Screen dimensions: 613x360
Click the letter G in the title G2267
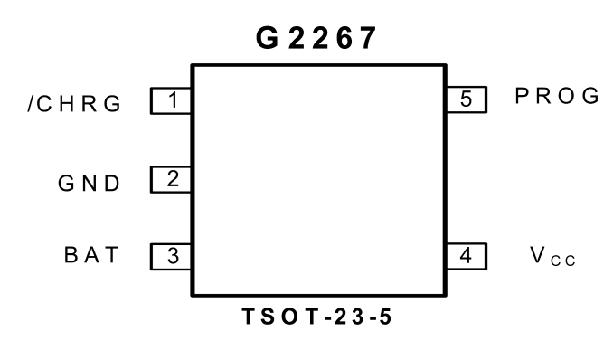(x=268, y=38)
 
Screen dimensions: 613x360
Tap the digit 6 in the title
(x=344, y=38)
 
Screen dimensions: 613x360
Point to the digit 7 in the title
(x=368, y=38)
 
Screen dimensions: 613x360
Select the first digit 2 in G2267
(x=297, y=38)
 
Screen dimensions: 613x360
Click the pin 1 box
(x=171, y=101)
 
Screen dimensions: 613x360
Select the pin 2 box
(x=171, y=180)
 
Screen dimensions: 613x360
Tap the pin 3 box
(x=171, y=257)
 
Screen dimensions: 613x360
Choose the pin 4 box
(x=467, y=256)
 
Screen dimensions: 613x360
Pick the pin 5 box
(x=467, y=99)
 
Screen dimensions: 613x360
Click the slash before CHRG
(x=32, y=104)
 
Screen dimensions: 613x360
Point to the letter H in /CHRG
(x=67, y=104)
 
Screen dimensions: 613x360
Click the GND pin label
(x=89, y=183)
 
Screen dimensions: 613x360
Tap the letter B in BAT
(x=71, y=255)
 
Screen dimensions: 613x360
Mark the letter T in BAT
(x=113, y=255)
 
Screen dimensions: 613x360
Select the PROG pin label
(x=557, y=96)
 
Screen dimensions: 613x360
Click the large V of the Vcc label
(x=538, y=255)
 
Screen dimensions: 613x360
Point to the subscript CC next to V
(x=563, y=261)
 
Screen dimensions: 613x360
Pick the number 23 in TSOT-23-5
(x=349, y=317)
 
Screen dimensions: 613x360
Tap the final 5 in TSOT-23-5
(x=385, y=317)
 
